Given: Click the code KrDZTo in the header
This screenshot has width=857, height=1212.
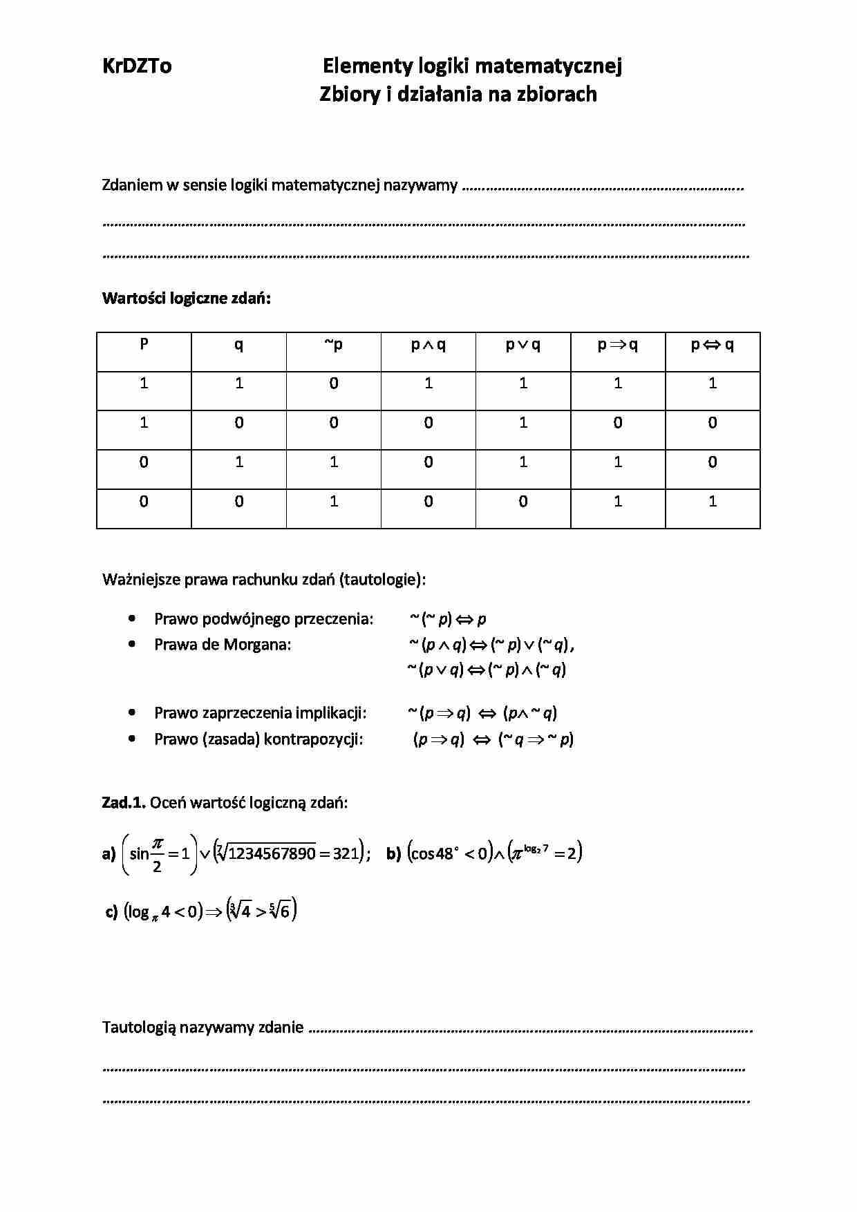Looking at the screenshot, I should coord(137,66).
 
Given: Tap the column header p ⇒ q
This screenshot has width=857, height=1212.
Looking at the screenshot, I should coord(618,345).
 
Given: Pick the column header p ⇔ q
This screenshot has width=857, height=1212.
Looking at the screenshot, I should coord(713,345).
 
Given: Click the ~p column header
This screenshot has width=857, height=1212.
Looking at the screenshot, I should coord(334,345).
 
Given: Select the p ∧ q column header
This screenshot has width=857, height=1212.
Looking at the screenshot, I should coord(428,345).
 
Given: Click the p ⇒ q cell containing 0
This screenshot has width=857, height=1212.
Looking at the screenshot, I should coord(618,423).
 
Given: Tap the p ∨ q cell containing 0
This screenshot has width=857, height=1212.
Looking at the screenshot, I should coord(523,502).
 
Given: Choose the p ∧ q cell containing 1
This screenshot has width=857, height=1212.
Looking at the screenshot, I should coord(428,384).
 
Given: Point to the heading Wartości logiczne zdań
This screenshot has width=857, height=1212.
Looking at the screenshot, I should coord(187,299).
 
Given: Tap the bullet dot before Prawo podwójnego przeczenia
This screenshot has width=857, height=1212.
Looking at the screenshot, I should coord(132,618).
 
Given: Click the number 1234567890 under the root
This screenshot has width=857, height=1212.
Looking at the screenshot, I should coord(272,853).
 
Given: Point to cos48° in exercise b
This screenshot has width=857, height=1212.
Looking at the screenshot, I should coord(433,853).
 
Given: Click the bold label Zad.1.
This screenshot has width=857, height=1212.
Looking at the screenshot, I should coord(124,802).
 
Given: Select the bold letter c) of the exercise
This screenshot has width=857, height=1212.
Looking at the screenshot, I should coord(111,912).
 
